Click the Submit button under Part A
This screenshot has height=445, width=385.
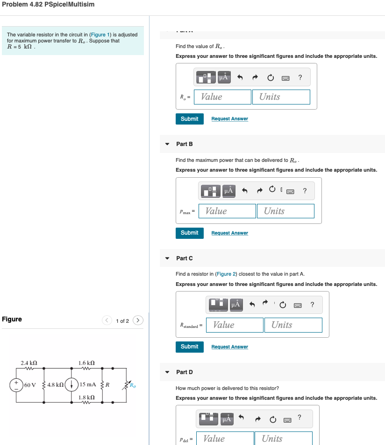point(189,119)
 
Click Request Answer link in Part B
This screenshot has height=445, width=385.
point(229,233)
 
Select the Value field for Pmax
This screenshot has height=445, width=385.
point(229,211)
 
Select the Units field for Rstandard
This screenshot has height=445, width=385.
point(293,325)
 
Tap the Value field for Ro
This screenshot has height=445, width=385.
point(225,97)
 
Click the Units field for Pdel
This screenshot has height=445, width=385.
point(283,438)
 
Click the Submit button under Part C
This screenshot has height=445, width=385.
point(189,347)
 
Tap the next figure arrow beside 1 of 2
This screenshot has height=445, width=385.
point(138,320)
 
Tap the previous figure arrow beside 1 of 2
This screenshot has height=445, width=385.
point(107,320)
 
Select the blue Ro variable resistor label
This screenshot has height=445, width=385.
point(133,385)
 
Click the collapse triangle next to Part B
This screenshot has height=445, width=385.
point(167,144)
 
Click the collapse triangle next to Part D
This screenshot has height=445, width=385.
point(167,372)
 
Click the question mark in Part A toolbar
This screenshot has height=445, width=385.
point(300,77)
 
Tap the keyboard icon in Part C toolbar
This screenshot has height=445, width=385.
point(297,305)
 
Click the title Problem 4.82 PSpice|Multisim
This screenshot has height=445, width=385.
point(48,4)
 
